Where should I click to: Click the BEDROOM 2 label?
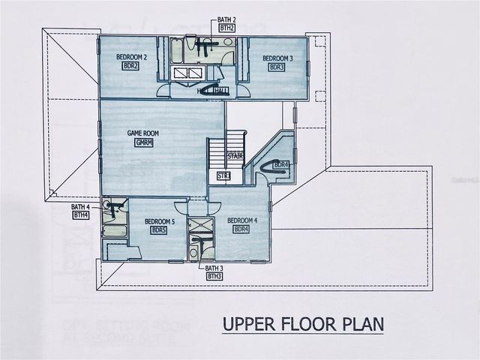tap(131, 57)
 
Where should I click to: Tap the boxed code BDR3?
tap(277, 67)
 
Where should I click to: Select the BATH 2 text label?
tap(227, 19)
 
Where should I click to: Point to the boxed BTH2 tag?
tap(227, 28)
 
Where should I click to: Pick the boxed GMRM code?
tap(144, 142)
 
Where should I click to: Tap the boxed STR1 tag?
tap(223, 176)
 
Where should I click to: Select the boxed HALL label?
tap(220, 91)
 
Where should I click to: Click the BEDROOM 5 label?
tap(160, 222)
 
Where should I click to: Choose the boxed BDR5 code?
tap(158, 231)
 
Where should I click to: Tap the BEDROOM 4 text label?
tap(242, 220)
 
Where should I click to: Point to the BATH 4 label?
tap(80, 207)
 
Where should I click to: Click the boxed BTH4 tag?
tap(81, 215)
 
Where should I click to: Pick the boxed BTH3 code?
tap(214, 276)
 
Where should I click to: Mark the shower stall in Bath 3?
tap(199, 227)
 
